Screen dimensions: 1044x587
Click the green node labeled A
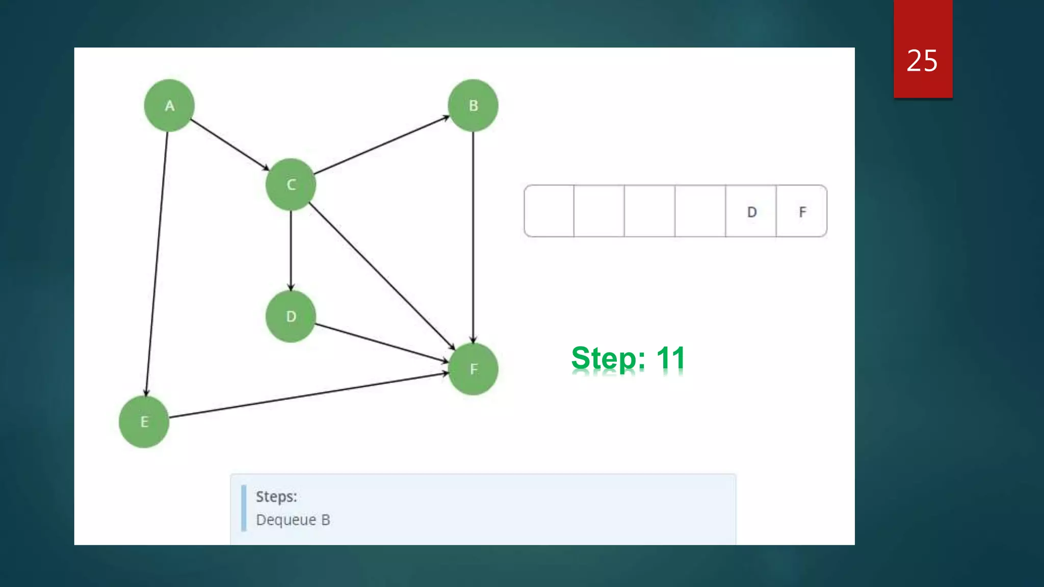point(169,105)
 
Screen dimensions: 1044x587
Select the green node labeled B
point(473,105)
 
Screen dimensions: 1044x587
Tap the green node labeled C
point(291,184)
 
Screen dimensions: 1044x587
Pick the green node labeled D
point(291,316)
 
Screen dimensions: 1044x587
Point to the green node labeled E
point(144,422)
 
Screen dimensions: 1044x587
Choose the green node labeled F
point(473,369)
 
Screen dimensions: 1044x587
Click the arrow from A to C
point(229,144)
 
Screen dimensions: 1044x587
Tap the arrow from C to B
point(381,145)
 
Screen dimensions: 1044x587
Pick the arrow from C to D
point(291,250)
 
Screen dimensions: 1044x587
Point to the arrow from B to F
point(473,237)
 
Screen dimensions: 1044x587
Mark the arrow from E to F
point(308,395)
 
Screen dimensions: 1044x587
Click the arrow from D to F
point(381,343)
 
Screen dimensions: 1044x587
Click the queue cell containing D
point(751,211)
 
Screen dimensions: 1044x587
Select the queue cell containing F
point(802,211)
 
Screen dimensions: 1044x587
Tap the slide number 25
point(922,61)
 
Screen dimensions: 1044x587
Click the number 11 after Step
point(670,358)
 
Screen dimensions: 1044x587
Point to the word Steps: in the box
point(276,497)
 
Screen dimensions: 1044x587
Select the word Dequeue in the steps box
point(286,520)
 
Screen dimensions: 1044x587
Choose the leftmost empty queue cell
point(549,211)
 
